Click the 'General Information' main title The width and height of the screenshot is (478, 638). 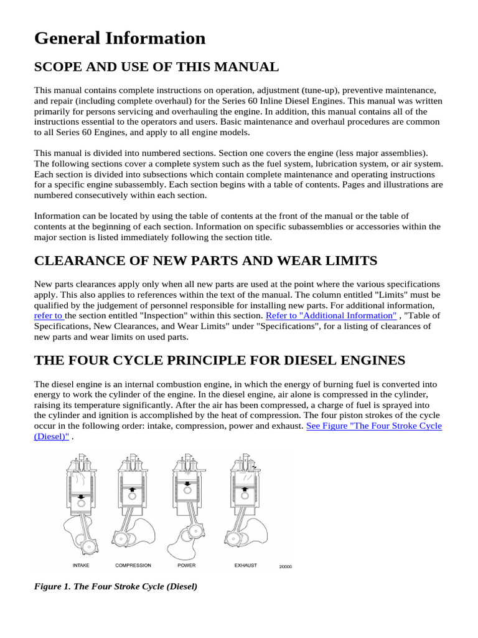(x=119, y=39)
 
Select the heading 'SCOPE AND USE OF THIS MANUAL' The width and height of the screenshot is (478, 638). (x=156, y=67)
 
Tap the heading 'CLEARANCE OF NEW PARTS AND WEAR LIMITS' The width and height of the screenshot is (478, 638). (x=205, y=260)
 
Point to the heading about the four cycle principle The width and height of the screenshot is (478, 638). (x=220, y=360)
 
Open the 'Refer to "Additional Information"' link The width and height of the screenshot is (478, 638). (x=330, y=316)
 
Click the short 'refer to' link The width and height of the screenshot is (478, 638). (x=49, y=316)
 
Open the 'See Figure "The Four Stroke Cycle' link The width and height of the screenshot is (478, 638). (x=374, y=426)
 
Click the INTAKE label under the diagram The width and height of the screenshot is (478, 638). (x=81, y=566)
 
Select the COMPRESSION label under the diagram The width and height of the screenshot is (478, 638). (x=133, y=566)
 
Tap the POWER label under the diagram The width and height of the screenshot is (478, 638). (x=186, y=566)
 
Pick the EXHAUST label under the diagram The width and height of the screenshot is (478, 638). (x=245, y=566)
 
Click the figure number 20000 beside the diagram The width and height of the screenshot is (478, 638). (x=285, y=567)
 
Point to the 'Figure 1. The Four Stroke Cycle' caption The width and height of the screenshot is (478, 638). (x=116, y=587)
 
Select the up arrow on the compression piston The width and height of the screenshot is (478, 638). (x=133, y=490)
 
